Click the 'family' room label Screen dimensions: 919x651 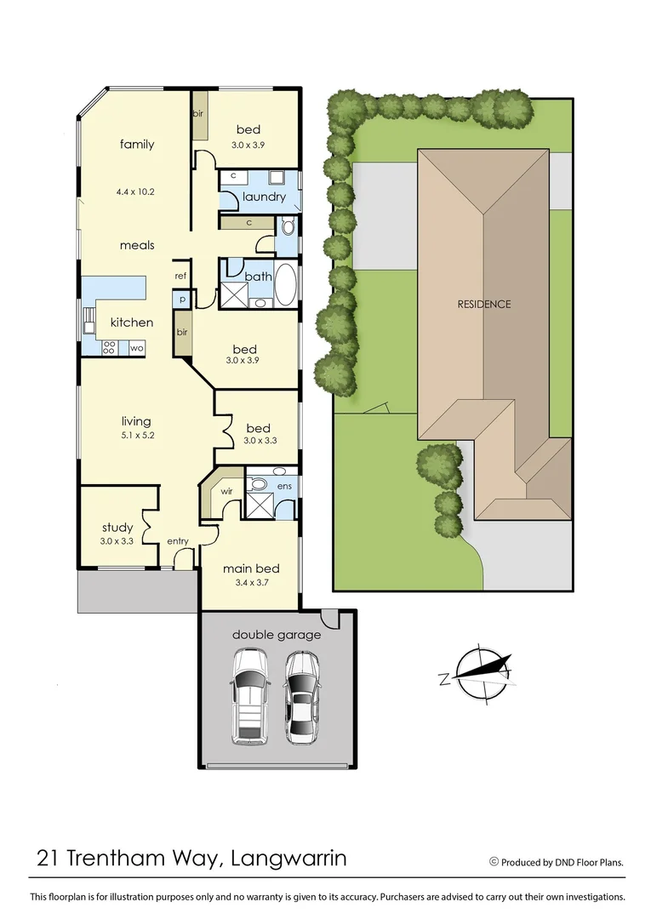click(137, 145)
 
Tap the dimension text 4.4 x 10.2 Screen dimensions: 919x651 click(137, 191)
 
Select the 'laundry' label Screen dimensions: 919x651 click(264, 197)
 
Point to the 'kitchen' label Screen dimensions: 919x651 click(132, 323)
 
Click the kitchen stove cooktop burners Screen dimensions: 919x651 click(109, 347)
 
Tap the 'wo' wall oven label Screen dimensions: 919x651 click(136, 347)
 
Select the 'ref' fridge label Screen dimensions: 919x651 click(180, 276)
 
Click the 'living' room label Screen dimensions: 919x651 click(136, 421)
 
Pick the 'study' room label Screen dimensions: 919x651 click(117, 527)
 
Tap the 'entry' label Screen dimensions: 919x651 click(178, 541)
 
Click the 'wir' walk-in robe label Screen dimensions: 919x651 click(226, 492)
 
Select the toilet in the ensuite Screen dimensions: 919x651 click(259, 485)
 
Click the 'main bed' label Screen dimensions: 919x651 click(251, 568)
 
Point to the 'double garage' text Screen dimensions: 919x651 click(277, 635)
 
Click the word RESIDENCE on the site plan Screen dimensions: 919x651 click(483, 304)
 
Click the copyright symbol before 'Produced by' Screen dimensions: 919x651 click(494, 862)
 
